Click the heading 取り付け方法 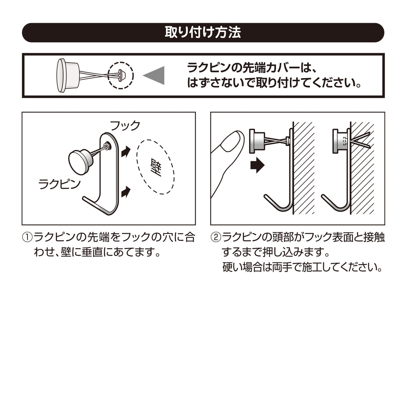[203, 32]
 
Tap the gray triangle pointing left [155, 75]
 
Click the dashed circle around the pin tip [121, 75]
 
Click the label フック [124, 125]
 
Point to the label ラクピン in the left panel [59, 184]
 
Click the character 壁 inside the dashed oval [155, 167]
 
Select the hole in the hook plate [108, 145]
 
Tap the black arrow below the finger [257, 166]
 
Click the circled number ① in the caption [27, 238]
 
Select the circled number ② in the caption [216, 238]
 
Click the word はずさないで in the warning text [214, 83]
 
